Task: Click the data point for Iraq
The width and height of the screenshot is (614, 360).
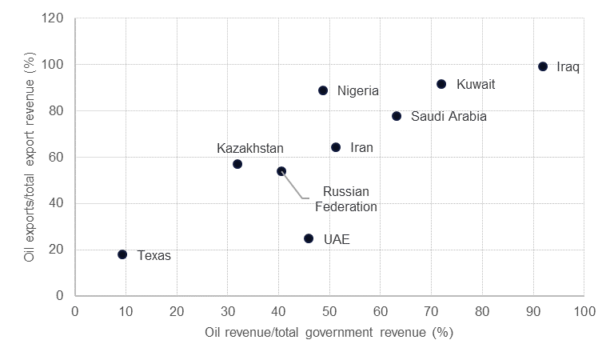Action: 543,66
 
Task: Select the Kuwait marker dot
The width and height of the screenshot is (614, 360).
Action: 441,84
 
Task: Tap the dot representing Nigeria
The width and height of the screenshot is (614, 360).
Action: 323,90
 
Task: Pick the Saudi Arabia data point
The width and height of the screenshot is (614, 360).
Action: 397,116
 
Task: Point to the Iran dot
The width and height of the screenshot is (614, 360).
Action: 336,147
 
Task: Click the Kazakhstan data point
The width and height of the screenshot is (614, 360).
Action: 237,164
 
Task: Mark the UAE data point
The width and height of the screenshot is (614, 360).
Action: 309,238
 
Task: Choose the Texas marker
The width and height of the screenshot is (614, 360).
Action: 122,254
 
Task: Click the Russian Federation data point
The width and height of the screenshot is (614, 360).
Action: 281,171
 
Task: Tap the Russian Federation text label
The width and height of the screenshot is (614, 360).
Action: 345,198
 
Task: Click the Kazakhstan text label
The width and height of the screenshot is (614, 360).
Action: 250,148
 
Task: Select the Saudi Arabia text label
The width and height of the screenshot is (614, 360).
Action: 449,117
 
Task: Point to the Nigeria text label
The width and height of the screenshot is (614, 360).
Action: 357,91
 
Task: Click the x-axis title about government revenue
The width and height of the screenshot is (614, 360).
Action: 329,332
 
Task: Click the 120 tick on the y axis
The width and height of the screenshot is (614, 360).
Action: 54,18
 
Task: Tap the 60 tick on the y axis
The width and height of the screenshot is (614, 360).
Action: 58,157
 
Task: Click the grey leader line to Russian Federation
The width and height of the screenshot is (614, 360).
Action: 293,186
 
